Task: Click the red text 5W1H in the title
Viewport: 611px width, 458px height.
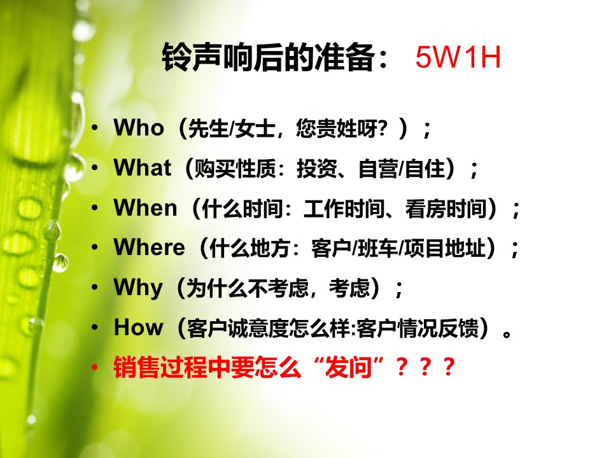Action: pyautogui.click(x=458, y=57)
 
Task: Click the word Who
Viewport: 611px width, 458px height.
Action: pyautogui.click(x=139, y=128)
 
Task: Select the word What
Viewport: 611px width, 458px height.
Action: pyautogui.click(x=142, y=168)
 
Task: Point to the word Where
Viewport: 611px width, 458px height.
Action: pyautogui.click(x=149, y=247)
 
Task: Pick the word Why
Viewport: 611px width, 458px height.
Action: pyautogui.click(x=138, y=289)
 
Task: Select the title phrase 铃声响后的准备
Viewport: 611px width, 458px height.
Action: pyautogui.click(x=269, y=57)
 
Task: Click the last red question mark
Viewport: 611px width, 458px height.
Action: pyautogui.click(x=449, y=367)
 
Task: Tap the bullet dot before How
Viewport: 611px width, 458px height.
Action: pyautogui.click(x=94, y=328)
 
